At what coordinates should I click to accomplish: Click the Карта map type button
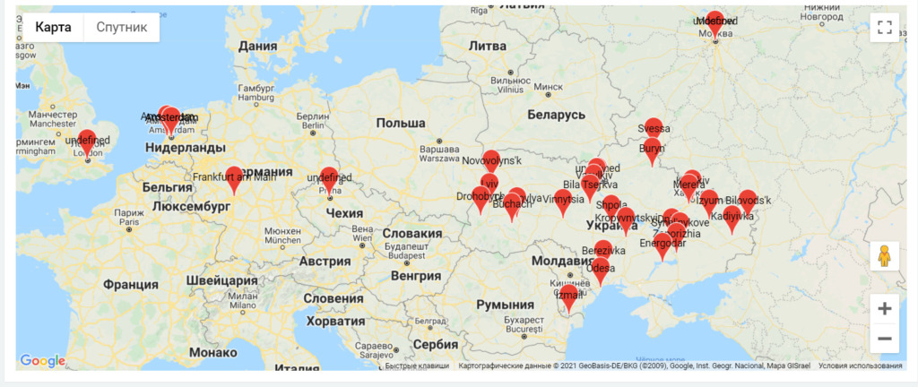pos(52,27)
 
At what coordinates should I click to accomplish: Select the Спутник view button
pos(121,27)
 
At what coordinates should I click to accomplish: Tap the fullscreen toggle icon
pos(884,27)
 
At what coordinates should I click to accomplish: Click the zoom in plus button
pos(884,308)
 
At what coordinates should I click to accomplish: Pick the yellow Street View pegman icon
pos(884,256)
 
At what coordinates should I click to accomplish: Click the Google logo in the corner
pos(43,361)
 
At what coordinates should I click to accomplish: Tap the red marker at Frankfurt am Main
pos(234,177)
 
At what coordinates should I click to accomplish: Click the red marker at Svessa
pos(654,129)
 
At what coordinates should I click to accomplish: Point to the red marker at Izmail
pos(568,296)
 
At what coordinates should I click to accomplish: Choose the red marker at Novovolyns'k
pos(490,161)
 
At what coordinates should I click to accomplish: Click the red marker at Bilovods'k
pos(747,201)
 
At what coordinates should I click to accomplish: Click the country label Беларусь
pos(556,116)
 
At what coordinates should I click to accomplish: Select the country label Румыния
pos(505,305)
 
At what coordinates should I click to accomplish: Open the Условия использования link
pos(860,365)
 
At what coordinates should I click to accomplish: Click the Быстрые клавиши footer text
pos(418,365)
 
